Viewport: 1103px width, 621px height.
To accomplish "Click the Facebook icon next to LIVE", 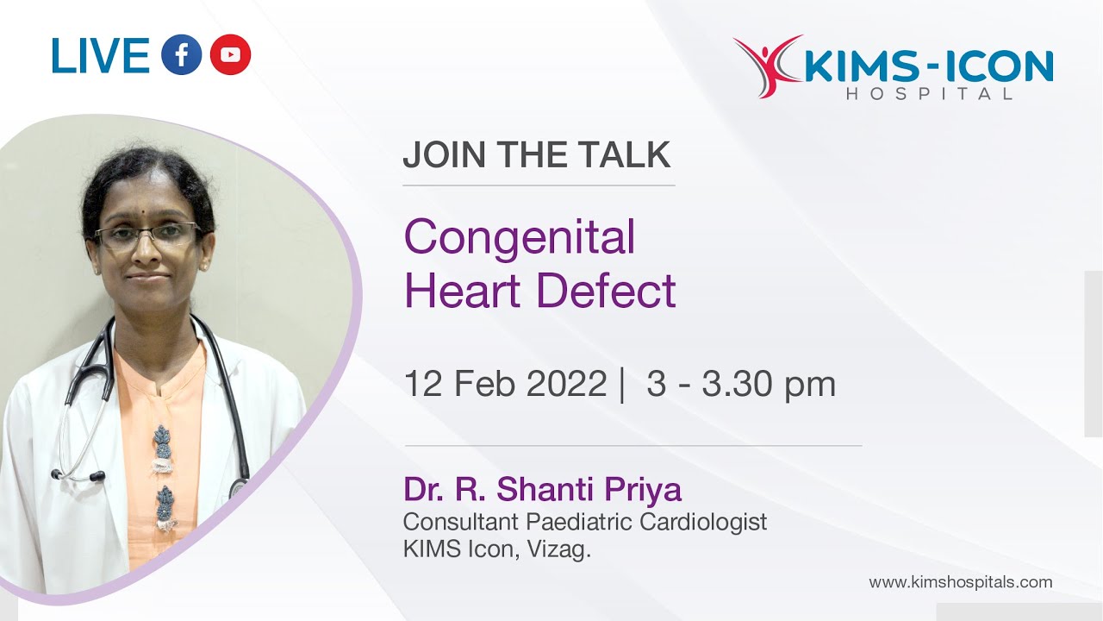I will (181, 55).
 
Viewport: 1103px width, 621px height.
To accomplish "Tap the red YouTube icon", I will (230, 55).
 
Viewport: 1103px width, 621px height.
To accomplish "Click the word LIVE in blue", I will (101, 56).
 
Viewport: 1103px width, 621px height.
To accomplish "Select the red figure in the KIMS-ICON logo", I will (763, 64).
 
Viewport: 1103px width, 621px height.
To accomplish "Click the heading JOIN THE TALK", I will (536, 155).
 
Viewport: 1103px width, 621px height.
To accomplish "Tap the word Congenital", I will (520, 237).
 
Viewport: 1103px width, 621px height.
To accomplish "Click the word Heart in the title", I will (464, 291).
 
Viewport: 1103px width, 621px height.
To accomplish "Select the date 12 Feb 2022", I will (505, 384).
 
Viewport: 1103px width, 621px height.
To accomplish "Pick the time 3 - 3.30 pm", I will (741, 384).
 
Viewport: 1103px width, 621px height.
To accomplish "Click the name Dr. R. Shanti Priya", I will (542, 490).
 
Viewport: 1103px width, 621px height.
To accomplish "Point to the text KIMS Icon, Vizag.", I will (497, 549).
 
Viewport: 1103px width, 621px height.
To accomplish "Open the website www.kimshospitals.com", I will (960, 582).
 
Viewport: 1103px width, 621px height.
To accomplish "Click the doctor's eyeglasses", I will (147, 234).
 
